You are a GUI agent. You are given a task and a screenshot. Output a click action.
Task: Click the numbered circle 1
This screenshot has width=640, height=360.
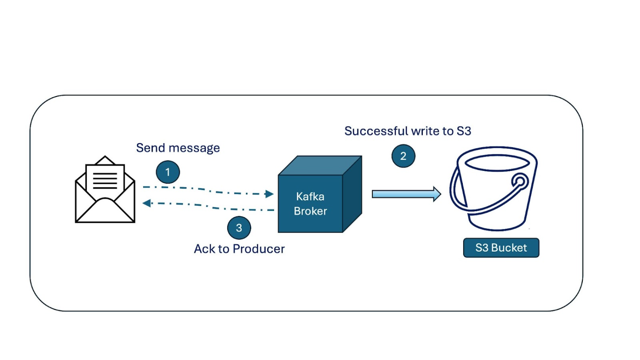(x=168, y=172)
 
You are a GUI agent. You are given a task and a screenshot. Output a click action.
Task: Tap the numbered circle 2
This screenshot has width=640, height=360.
(x=403, y=156)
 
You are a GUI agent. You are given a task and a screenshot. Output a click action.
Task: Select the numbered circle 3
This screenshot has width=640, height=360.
(x=239, y=228)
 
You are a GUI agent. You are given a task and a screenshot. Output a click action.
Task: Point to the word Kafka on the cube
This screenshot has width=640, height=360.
(x=310, y=197)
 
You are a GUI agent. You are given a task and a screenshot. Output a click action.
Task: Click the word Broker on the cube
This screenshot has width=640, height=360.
(x=310, y=211)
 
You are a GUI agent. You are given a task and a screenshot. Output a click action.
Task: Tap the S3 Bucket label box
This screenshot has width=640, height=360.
(x=501, y=248)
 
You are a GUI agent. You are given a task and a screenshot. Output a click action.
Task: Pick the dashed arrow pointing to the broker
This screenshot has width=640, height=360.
(x=209, y=190)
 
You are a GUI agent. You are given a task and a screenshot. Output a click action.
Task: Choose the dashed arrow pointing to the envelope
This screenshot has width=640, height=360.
(x=209, y=206)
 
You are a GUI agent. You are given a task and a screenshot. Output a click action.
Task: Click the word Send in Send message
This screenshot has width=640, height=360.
(x=150, y=148)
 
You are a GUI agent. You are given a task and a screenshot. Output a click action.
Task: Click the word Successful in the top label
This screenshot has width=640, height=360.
(x=376, y=131)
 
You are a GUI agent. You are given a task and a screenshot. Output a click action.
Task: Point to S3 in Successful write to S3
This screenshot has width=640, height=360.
(x=464, y=131)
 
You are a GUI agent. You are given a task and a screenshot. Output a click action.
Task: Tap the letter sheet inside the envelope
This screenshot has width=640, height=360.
(x=105, y=178)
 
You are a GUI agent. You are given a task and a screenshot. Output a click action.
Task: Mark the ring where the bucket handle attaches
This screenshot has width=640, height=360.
(x=520, y=181)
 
